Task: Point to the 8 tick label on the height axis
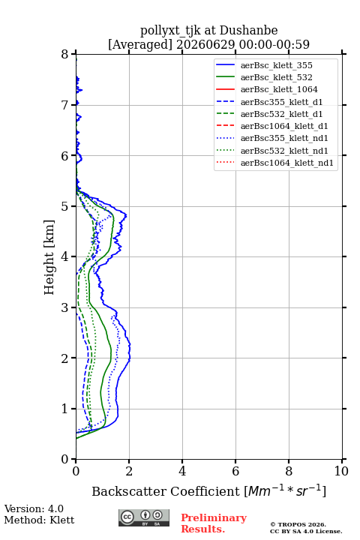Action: [x=65, y=55]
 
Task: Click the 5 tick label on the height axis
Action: [x=65, y=207]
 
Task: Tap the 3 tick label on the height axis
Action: [x=65, y=307]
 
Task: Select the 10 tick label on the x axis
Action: [x=341, y=471]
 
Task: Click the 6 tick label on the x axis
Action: [x=235, y=471]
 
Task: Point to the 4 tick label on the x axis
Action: [x=182, y=471]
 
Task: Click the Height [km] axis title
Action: [x=49, y=257]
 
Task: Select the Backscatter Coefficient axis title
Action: [x=209, y=490]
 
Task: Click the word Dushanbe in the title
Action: [x=249, y=31]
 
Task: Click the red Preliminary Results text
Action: [x=214, y=523]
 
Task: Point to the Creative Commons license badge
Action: [x=144, y=517]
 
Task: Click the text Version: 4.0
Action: [x=34, y=508]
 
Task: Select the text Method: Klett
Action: [x=39, y=520]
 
